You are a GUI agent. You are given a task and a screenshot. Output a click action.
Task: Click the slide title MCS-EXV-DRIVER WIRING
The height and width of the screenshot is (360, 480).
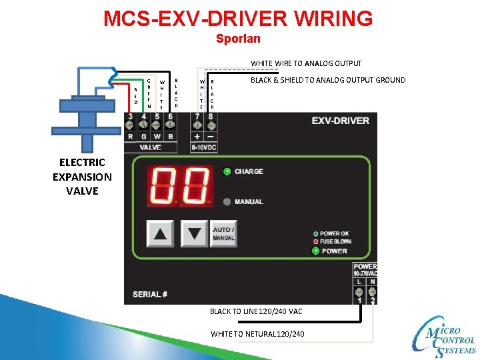point(238,18)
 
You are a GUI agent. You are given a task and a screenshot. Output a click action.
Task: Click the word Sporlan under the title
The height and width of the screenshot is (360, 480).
point(238,39)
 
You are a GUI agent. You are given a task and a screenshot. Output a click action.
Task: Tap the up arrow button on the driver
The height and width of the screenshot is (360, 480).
point(161,233)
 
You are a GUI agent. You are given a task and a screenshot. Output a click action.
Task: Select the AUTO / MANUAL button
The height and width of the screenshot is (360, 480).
point(223,233)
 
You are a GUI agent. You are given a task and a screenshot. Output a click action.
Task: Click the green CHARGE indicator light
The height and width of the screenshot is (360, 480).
point(227,171)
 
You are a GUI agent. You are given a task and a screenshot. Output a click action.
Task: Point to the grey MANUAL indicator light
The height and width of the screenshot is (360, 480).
point(227,201)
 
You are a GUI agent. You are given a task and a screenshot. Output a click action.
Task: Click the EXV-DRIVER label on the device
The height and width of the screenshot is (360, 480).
point(339,121)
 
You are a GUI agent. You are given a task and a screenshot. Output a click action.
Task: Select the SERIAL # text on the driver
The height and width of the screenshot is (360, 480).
point(151,294)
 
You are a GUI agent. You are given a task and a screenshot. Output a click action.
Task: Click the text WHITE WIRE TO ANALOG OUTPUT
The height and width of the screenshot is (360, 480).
point(306,63)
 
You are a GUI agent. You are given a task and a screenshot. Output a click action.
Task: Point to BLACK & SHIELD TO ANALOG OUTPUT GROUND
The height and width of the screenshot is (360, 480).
point(328,80)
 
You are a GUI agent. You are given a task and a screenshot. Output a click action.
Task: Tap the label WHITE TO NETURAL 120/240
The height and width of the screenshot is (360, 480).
point(257,333)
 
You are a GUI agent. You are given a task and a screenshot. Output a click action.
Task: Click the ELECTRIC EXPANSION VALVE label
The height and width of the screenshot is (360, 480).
point(82,177)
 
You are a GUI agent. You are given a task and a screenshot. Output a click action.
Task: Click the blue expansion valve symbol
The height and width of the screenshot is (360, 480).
point(86,110)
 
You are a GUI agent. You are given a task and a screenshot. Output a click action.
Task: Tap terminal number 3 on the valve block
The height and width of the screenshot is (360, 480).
point(130,117)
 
